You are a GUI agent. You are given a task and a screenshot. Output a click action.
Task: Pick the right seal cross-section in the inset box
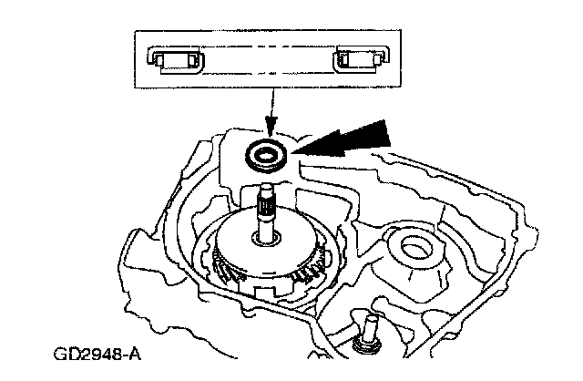pos(356,60)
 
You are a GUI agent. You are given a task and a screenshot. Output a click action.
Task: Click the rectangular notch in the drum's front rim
pos(264,294)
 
